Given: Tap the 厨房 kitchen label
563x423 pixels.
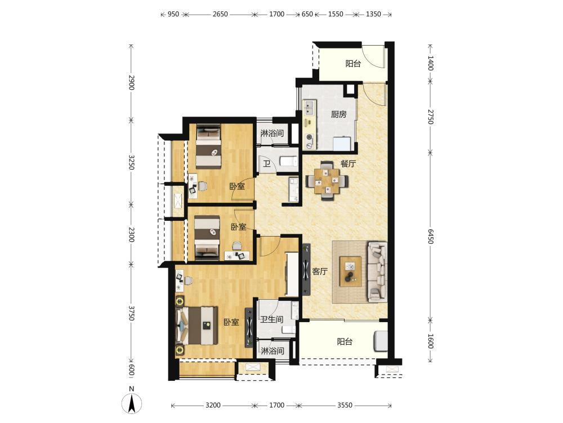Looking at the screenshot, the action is [x=338, y=114].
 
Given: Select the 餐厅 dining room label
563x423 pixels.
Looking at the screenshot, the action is [x=348, y=164].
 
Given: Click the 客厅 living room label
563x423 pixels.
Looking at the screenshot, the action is [x=320, y=271].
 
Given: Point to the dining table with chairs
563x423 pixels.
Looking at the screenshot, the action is [x=327, y=180].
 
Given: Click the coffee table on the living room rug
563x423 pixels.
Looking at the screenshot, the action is [x=351, y=271].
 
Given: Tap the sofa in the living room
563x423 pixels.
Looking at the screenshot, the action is [x=377, y=271].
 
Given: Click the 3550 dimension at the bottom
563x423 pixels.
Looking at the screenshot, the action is [x=345, y=406].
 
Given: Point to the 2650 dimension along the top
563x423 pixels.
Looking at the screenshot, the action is [x=220, y=15].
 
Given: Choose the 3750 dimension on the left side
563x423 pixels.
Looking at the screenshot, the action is [x=131, y=314].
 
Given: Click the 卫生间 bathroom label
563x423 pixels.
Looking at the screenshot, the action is [x=272, y=319].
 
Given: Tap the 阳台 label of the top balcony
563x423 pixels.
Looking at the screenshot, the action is [x=353, y=64].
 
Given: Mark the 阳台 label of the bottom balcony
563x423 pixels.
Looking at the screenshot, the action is [x=345, y=342].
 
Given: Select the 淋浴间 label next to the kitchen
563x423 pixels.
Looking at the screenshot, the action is [x=272, y=133].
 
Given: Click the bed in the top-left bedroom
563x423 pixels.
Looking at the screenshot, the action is [x=208, y=146].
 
